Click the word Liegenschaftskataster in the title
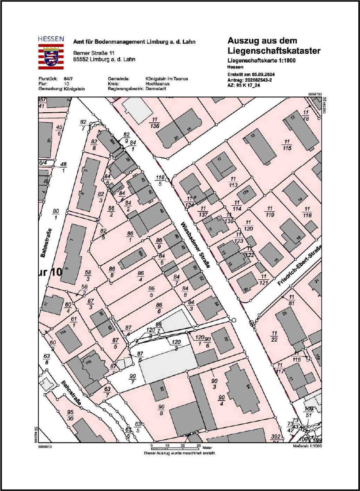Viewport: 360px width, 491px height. pyautogui.click(x=274, y=51)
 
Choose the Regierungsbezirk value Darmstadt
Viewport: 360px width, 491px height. pyautogui.click(x=156, y=88)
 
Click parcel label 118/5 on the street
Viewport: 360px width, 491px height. pyautogui.click(x=160, y=180)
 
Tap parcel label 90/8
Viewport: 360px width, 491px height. pyautogui.click(x=161, y=409)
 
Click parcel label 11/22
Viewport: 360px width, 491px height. pyautogui.click(x=274, y=335)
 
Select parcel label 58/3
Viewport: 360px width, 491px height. pyautogui.click(x=87, y=275)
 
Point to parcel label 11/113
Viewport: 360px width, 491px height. pyautogui.click(x=233, y=182)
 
